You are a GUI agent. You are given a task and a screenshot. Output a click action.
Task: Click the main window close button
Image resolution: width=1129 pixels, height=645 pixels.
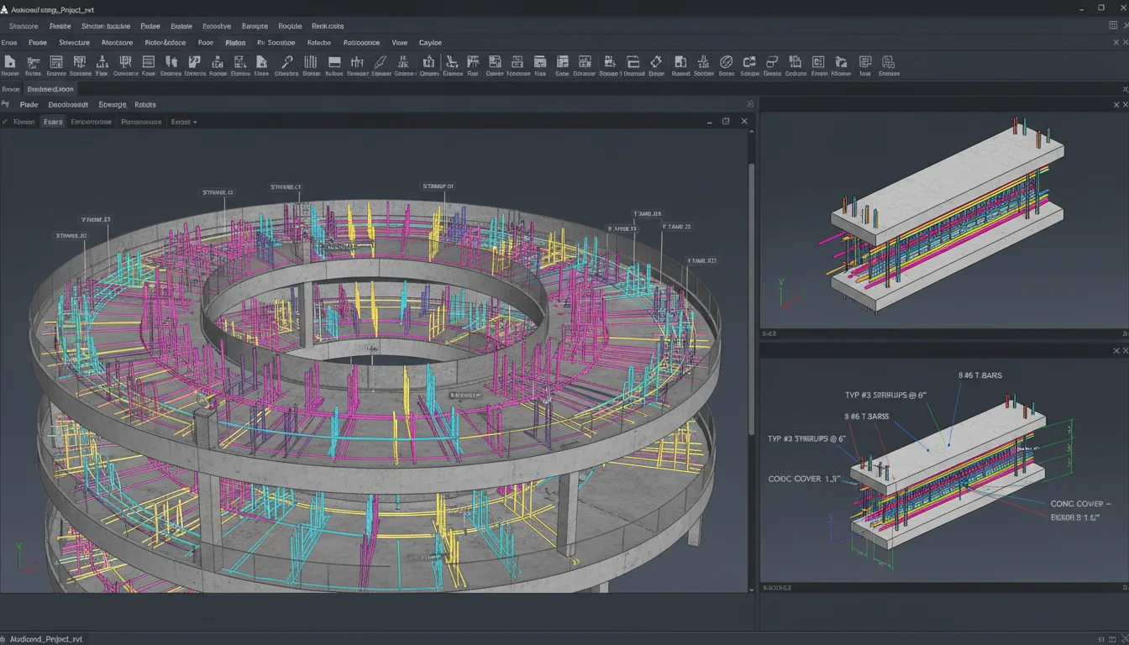[1120, 8]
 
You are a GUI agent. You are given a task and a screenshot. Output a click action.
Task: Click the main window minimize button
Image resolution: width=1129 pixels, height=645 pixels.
[1081, 8]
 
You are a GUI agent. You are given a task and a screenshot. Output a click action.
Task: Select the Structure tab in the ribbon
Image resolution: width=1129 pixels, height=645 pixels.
[74, 43]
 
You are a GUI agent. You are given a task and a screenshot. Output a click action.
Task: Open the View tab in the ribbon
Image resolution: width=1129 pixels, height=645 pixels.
[400, 43]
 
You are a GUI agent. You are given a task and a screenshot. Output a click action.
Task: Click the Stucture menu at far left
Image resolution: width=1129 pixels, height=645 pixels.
[24, 26]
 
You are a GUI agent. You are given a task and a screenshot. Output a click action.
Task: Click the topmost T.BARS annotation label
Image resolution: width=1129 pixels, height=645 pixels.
[980, 375]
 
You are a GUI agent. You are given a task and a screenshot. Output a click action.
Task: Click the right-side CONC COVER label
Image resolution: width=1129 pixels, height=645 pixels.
[1080, 504]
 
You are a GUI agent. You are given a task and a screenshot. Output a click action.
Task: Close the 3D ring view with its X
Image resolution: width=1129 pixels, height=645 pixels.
[744, 122]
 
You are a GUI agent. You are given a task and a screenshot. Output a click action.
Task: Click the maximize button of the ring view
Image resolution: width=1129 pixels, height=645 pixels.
[726, 122]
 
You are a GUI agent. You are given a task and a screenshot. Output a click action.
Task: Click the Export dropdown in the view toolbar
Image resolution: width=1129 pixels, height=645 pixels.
[183, 122]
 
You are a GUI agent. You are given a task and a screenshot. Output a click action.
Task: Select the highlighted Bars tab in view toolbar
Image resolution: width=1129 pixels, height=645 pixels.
[53, 122]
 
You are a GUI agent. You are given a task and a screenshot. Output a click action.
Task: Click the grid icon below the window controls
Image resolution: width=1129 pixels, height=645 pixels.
[1113, 26]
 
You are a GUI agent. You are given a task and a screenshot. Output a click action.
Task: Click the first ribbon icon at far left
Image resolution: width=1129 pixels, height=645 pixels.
[10, 62]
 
